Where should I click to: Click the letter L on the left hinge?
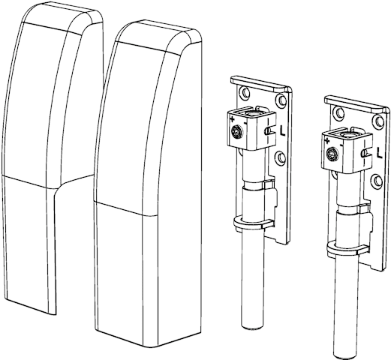282,130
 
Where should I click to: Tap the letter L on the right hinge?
379,153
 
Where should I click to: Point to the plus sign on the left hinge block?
233,119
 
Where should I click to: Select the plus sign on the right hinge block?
327,141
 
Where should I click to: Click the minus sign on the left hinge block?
245,123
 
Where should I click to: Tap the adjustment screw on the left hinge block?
236,131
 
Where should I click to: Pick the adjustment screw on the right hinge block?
331,153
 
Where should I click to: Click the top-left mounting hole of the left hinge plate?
244,92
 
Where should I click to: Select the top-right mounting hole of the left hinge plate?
282,100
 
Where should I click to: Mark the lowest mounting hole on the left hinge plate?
281,158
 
